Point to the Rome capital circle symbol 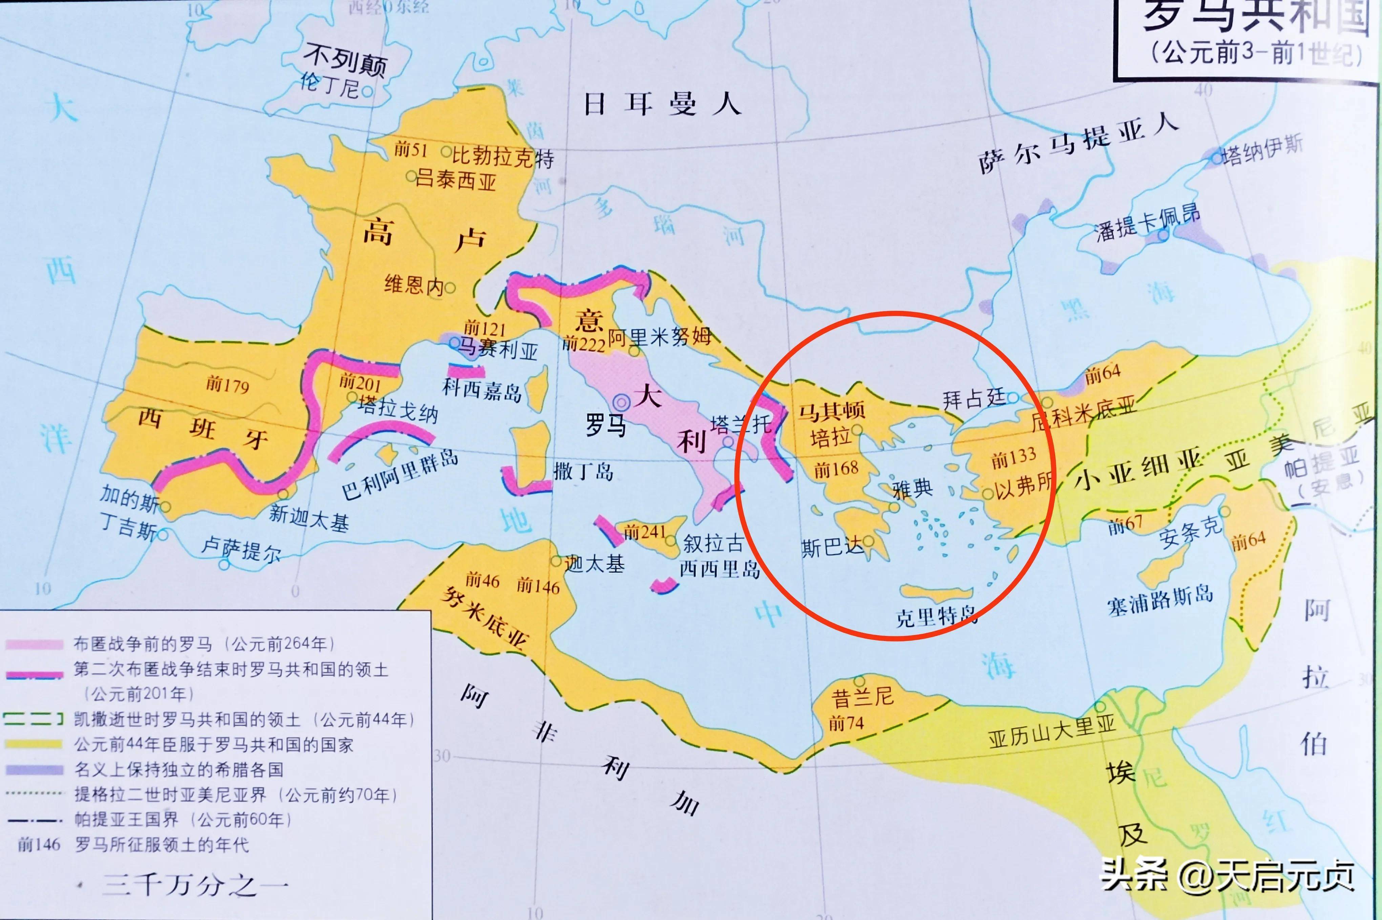621,402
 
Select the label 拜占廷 973,399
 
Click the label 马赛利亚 498,350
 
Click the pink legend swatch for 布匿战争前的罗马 34,644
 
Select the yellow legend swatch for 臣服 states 34,744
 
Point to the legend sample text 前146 39,844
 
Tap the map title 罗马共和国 1255,18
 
